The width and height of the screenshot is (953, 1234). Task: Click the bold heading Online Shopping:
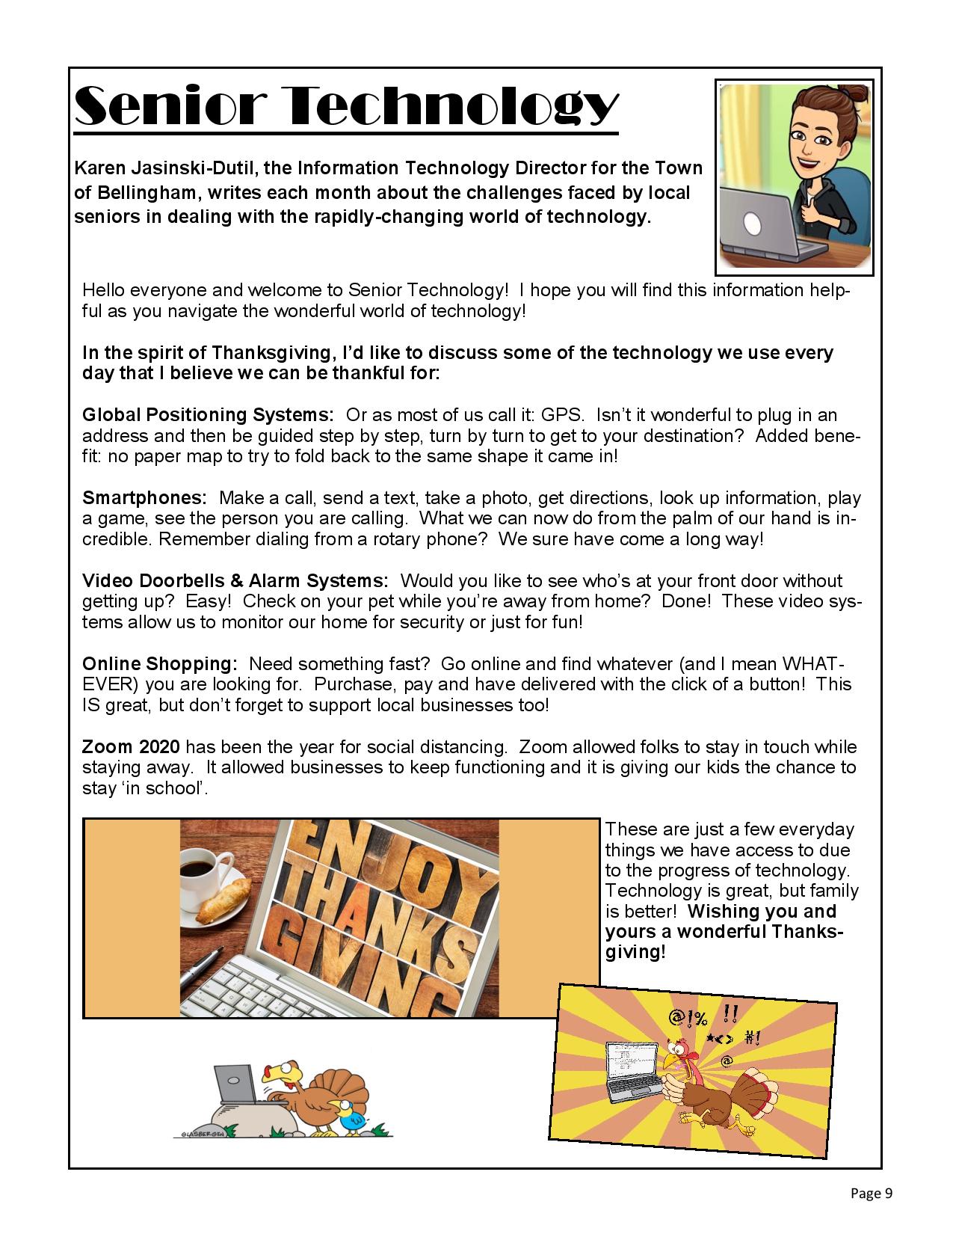point(160,663)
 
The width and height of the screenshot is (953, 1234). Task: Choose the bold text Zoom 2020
point(131,746)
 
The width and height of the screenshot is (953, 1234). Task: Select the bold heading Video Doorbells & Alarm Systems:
point(235,581)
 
